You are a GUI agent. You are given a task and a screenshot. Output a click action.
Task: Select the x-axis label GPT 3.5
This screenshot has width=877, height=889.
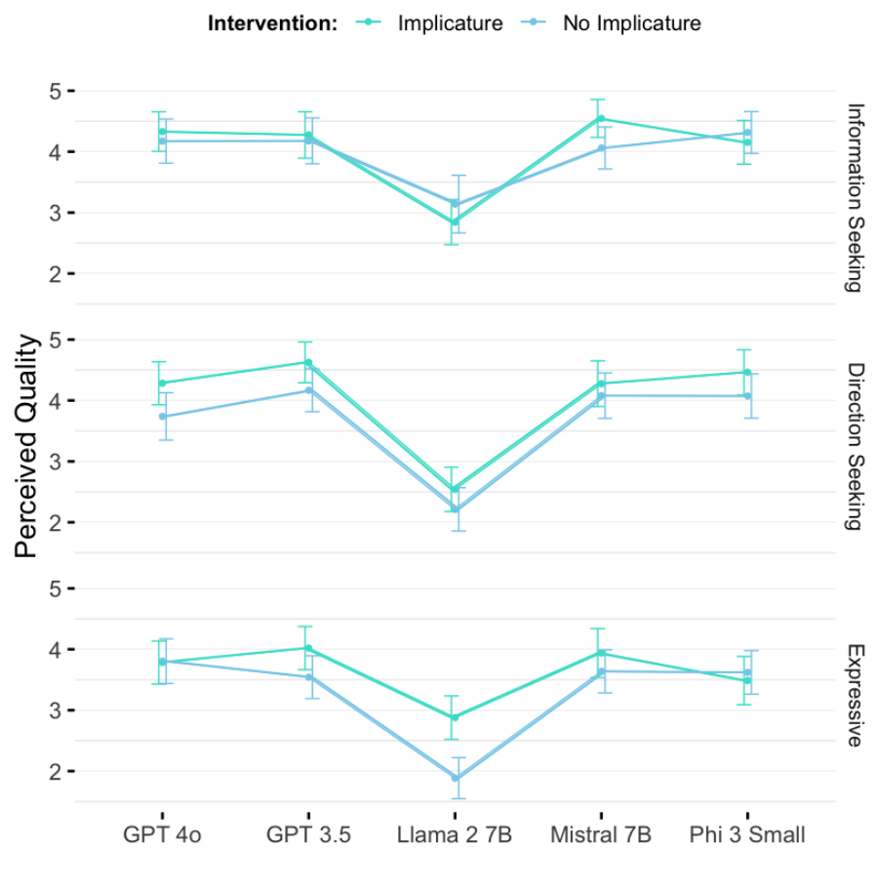click(x=308, y=836)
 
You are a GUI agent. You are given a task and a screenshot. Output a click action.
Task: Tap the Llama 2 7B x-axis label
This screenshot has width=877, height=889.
click(x=455, y=836)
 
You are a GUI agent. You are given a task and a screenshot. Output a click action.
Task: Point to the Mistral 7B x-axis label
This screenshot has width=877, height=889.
click(x=601, y=836)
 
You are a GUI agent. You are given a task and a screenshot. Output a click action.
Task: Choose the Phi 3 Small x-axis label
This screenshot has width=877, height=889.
click(x=747, y=836)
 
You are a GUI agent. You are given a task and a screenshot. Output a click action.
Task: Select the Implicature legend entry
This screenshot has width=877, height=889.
click(x=450, y=23)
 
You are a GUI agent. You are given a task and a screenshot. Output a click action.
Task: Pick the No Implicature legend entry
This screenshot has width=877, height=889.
click(x=631, y=23)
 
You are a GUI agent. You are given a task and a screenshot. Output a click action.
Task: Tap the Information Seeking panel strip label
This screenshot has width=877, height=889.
click(x=855, y=197)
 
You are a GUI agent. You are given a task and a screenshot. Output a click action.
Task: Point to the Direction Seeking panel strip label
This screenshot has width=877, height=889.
click(x=855, y=446)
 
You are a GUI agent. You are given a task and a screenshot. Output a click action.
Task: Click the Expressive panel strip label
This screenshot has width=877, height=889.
click(x=855, y=695)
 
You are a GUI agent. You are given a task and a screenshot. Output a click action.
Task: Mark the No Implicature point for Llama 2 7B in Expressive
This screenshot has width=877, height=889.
click(x=455, y=778)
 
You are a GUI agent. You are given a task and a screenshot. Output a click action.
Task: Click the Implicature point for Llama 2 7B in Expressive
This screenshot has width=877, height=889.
click(x=455, y=717)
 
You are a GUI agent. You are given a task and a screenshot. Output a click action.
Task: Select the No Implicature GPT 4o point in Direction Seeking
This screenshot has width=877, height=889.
click(x=162, y=417)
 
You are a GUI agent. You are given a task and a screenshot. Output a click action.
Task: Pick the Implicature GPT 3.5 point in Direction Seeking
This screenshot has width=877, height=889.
click(x=308, y=363)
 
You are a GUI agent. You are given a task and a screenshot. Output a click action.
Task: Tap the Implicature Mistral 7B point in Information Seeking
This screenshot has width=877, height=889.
click(x=601, y=119)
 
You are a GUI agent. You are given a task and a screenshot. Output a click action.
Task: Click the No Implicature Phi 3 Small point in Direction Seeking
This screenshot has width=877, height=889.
click(x=747, y=396)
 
